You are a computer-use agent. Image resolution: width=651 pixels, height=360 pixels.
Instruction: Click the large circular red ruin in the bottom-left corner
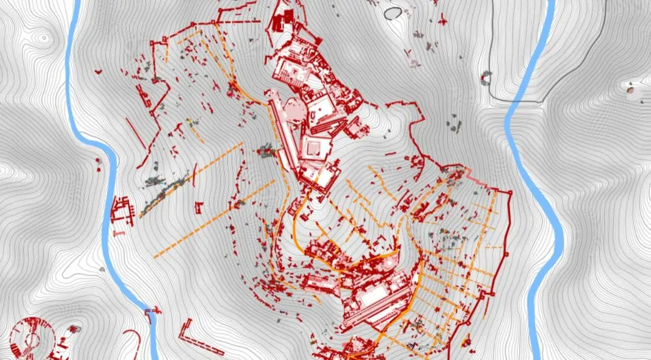tap(32, 338)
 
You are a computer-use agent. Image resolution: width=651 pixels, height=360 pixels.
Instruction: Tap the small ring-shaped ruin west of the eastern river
tap(486, 77)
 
